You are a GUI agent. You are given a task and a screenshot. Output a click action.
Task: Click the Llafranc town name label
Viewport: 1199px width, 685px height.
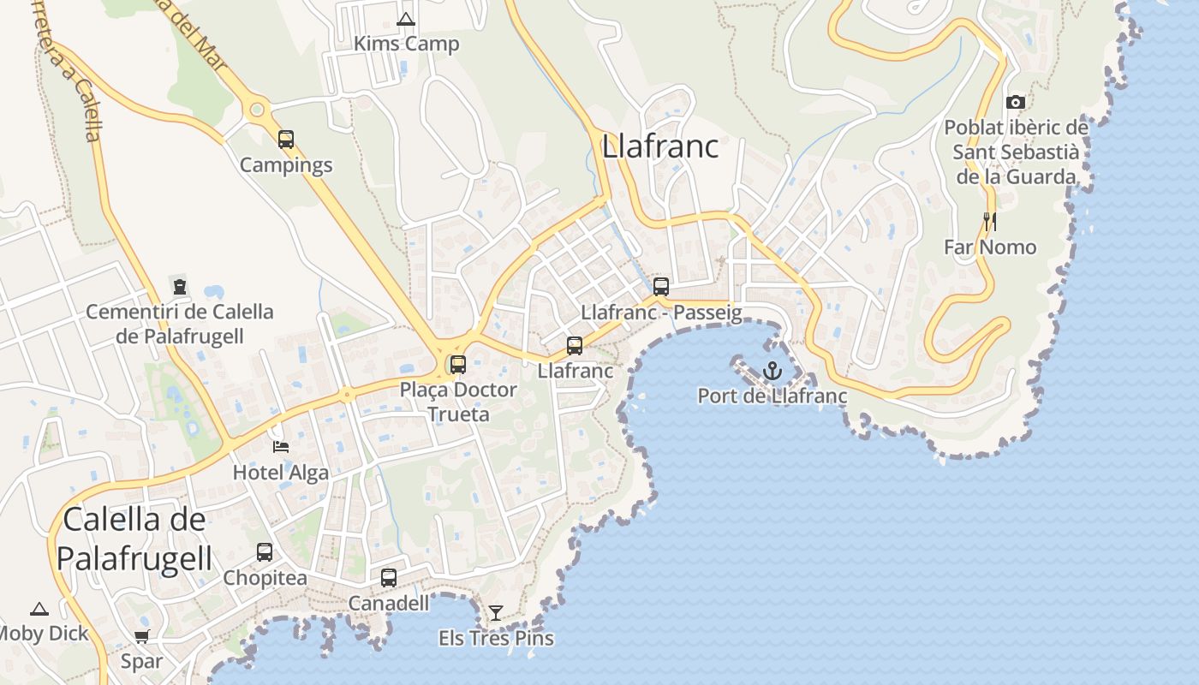660,146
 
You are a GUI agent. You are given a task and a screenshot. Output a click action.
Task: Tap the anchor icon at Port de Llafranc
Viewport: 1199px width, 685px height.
772,371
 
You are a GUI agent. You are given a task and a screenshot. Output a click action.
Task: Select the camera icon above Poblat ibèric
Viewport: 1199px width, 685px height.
1016,103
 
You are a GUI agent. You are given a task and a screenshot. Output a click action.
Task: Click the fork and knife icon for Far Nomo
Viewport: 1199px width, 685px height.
990,222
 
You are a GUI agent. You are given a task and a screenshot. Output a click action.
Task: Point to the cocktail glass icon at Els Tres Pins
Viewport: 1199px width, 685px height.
495,613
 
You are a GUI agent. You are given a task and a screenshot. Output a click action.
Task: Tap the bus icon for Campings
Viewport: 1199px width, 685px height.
286,140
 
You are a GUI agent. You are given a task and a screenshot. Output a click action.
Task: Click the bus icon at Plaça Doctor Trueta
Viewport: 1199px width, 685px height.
458,365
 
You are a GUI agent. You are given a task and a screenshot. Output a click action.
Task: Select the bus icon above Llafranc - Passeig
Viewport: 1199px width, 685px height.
660,287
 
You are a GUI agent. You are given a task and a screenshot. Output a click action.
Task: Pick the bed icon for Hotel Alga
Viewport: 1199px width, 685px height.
281,447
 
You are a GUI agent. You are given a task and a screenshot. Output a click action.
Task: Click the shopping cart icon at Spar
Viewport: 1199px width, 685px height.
142,637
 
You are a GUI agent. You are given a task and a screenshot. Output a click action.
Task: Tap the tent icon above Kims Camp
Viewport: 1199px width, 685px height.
406,19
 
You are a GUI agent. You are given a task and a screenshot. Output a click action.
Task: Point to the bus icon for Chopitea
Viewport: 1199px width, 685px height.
265,552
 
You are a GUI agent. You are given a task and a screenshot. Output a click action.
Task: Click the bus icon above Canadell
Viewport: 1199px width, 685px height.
389,578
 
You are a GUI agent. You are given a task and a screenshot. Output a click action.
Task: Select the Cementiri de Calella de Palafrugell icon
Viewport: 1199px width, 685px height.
180,287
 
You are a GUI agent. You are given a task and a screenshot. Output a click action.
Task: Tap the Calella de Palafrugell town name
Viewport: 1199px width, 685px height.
134,539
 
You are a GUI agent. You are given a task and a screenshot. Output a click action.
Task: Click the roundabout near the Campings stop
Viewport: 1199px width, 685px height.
256,110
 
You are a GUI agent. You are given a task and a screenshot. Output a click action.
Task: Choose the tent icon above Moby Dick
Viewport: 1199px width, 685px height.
39,610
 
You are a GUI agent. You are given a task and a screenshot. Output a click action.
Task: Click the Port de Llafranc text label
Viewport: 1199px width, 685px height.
772,396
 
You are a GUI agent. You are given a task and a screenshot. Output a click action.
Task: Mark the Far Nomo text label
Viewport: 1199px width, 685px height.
990,247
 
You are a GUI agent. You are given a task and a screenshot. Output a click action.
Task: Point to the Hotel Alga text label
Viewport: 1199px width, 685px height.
281,472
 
